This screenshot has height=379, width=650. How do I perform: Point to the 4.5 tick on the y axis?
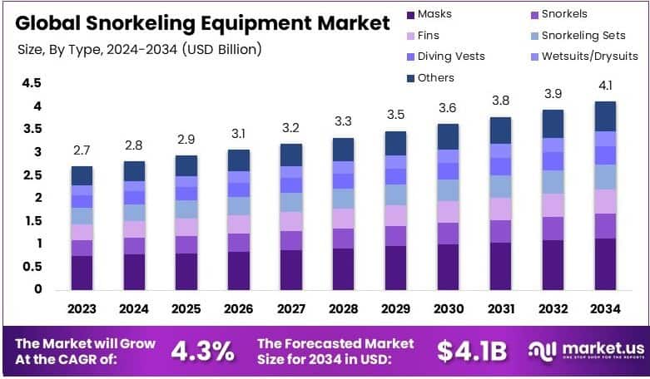32,83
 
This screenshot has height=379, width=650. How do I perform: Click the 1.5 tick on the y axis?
32,220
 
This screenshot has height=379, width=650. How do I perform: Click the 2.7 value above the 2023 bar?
82,151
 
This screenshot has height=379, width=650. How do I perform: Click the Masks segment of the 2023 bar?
82,273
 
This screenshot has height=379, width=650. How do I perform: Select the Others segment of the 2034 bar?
604,116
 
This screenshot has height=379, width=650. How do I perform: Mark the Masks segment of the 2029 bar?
395,268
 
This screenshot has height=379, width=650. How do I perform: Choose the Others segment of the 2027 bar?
290,155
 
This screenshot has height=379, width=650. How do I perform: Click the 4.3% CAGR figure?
202,351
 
